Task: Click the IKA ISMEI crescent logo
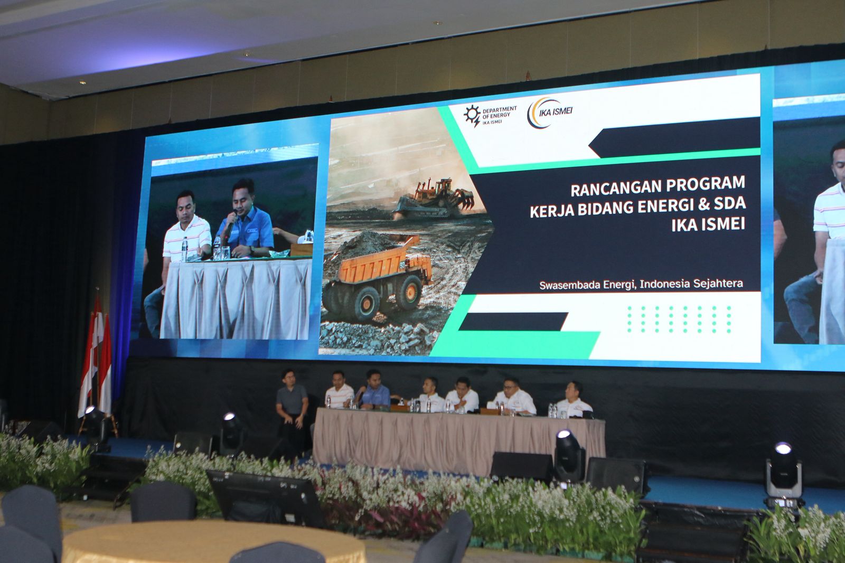[x=550, y=113]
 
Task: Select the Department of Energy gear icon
[x=472, y=116]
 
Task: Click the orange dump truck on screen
[x=377, y=277]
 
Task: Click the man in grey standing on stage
[x=292, y=411]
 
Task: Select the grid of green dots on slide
[x=679, y=319]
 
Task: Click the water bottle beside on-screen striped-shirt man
[x=184, y=249]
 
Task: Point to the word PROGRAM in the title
[x=706, y=184]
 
